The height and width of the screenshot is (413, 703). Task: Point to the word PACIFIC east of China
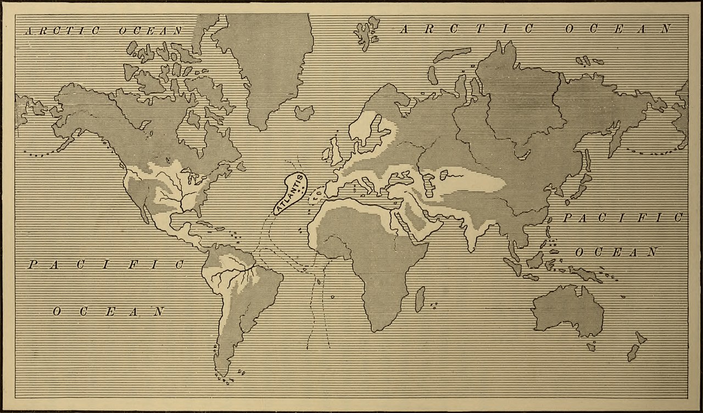(x=622, y=218)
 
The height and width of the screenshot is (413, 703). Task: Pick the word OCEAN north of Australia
(x=616, y=252)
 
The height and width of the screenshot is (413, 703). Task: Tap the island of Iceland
(x=304, y=113)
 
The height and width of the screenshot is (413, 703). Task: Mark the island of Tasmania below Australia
(x=591, y=347)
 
